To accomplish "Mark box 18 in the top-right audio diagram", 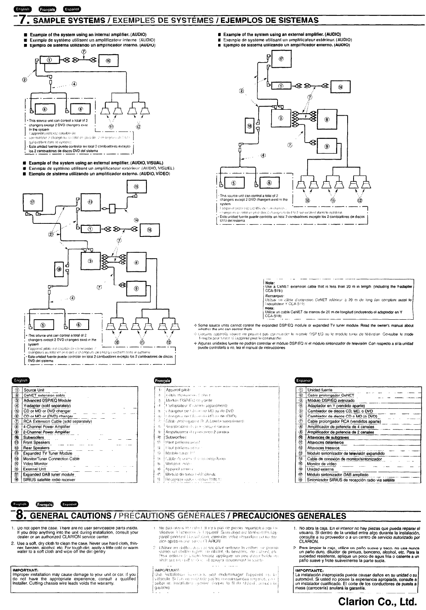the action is pyautogui.click(x=249, y=126).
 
